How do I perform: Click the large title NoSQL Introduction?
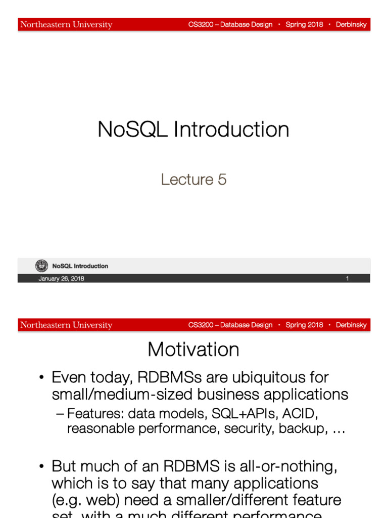193,129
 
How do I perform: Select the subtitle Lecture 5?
193,179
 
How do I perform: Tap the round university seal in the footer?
42,266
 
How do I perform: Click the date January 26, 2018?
61,279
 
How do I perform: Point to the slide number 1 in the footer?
348,279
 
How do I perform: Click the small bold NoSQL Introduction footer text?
80,266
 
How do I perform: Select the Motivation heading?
193,350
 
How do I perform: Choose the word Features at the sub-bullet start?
96,414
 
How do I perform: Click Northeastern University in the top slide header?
66,25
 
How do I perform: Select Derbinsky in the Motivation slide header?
351,325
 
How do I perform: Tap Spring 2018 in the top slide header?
304,25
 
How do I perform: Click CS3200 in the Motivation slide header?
201,325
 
